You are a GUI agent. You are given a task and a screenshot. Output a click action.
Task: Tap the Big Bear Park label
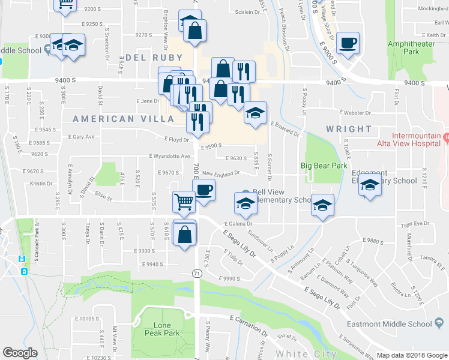click(x=324, y=166)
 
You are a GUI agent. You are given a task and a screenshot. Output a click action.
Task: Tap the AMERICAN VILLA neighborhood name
click(x=112, y=119)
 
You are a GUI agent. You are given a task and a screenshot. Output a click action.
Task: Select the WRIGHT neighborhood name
click(x=349, y=129)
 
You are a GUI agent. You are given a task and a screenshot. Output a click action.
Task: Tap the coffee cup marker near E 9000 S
click(x=348, y=43)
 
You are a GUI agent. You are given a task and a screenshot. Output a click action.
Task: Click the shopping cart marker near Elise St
click(x=184, y=202)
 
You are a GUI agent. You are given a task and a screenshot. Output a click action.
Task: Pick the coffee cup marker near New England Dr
click(x=203, y=191)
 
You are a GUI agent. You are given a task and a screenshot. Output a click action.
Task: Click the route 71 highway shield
click(x=196, y=273)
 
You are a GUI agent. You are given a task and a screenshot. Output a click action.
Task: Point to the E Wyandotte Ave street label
click(x=170, y=156)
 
